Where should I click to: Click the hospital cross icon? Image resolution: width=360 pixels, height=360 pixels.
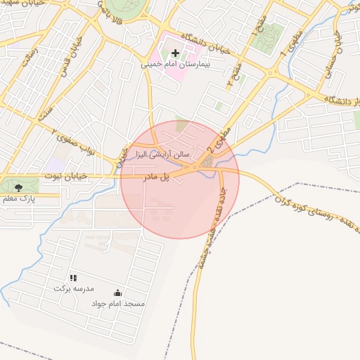click(175, 53)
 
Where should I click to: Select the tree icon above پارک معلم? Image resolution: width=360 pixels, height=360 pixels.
click(18, 186)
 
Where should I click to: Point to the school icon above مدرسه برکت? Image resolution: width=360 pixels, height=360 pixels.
click(72, 278)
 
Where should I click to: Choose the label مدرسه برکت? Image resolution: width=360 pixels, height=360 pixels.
click(72, 289)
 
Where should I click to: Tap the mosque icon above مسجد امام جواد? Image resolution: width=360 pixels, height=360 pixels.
click(117, 292)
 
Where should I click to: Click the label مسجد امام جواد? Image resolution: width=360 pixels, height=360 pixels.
click(118, 304)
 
